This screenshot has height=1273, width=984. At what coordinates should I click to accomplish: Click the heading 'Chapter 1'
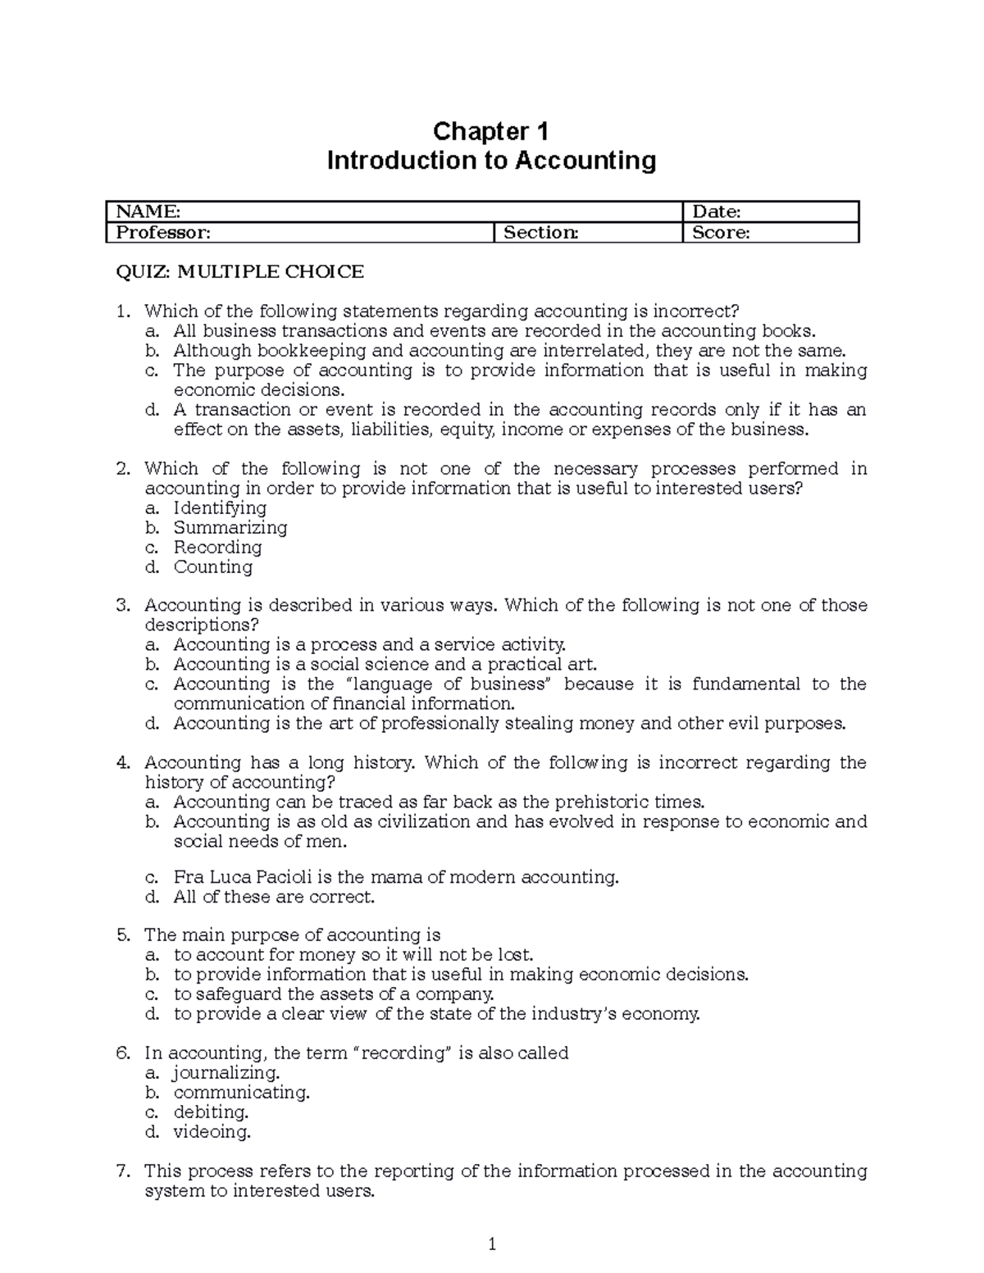[491, 131]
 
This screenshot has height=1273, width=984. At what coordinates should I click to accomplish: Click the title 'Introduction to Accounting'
[491, 160]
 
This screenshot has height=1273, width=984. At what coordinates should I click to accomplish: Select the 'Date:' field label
[717, 212]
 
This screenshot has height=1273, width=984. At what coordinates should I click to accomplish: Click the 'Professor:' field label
[163, 233]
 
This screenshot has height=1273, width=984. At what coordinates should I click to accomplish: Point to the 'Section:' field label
[540, 233]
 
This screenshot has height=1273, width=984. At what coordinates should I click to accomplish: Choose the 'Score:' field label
[721, 233]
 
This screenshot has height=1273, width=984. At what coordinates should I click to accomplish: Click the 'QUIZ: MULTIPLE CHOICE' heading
[239, 272]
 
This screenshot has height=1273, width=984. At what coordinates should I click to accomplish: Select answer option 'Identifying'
[220, 508]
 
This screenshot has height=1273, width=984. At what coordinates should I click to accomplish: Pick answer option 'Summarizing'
[230, 528]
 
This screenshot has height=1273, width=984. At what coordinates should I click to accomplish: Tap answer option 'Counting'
[213, 567]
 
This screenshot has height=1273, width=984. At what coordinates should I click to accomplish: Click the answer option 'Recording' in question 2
[217, 548]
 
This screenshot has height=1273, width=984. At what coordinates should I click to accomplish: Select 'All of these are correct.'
[274, 897]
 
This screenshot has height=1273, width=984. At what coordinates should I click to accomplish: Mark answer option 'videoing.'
[212, 1132]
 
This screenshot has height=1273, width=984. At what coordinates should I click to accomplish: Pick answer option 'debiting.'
[211, 1112]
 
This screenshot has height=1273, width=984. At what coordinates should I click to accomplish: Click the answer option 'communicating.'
[242, 1093]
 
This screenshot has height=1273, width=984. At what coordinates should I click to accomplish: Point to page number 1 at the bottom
[492, 1245]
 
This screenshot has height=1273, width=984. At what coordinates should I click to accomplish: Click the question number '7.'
[123, 1171]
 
